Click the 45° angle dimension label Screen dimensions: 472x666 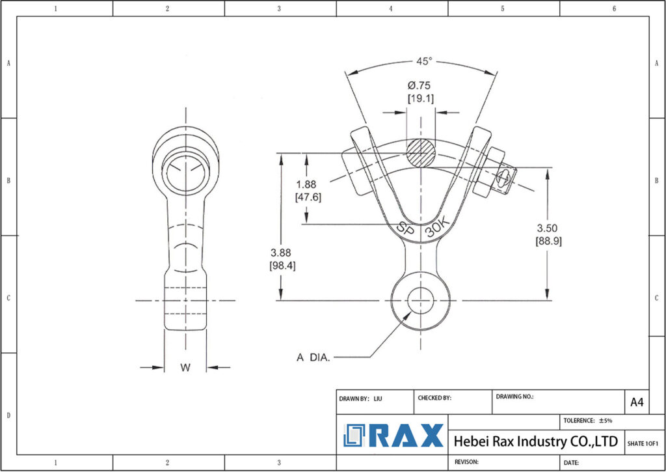click(x=423, y=61)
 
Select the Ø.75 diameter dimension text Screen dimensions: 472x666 click(x=420, y=86)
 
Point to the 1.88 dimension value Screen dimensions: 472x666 click(x=307, y=185)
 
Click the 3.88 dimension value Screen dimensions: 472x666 click(x=282, y=253)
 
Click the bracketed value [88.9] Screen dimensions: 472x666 click(x=548, y=241)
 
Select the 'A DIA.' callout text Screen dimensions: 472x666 click(x=313, y=357)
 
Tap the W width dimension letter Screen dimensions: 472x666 click(x=185, y=368)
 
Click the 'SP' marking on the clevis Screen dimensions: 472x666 click(x=406, y=229)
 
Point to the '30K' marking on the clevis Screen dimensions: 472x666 click(x=438, y=230)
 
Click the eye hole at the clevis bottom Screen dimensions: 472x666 click(x=421, y=301)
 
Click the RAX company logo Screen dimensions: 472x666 click(x=393, y=436)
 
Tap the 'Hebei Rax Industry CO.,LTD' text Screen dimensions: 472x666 click(x=535, y=441)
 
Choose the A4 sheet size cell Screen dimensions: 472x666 click(x=637, y=402)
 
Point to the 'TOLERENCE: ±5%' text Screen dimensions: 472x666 click(x=588, y=421)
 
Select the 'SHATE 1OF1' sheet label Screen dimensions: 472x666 click(x=643, y=443)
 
